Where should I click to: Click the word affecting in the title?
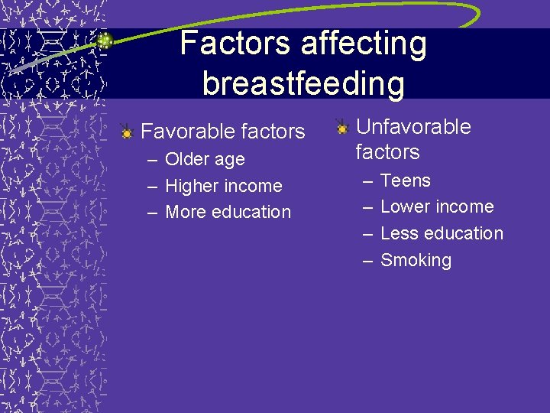pos(364,44)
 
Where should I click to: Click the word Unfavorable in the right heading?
pos(413,127)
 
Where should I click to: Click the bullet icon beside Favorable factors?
pos(127,132)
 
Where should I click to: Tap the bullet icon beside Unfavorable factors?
pos(343,128)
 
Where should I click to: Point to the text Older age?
pos(205,160)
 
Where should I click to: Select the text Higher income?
pos(223,186)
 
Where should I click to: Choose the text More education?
pos(228,212)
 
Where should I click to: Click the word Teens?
pos(405,181)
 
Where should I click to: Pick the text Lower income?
pos(436,206)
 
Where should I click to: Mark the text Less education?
pos(442,233)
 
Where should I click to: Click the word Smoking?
pos(416,260)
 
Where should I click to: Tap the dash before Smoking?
pos(367,261)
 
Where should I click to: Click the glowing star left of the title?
pos(105,41)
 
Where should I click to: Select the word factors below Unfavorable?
pos(387,152)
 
